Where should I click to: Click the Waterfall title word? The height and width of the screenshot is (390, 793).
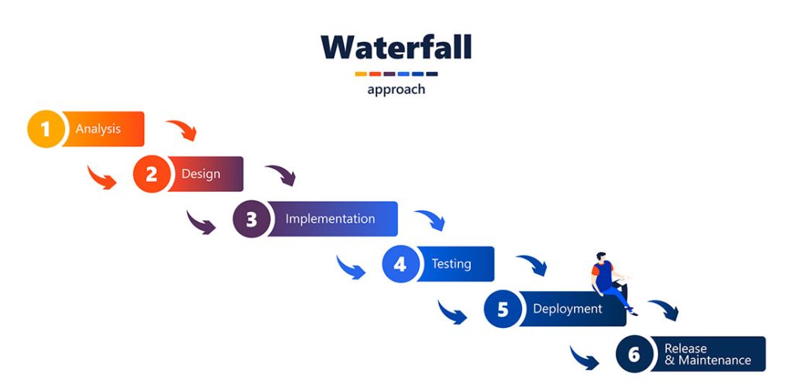396,48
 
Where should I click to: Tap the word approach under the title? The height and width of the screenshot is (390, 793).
396,90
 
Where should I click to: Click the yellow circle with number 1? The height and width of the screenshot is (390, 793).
46,129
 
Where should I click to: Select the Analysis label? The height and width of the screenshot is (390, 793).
98,129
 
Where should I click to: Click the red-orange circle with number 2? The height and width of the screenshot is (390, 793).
151,174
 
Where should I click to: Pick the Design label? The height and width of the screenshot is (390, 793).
201,174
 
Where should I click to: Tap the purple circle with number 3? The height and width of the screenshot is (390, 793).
251,219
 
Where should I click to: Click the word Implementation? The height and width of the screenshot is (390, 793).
330,219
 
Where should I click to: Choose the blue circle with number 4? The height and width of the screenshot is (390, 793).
400,264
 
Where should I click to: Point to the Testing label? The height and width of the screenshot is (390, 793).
451,264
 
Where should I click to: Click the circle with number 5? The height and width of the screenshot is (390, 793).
503,310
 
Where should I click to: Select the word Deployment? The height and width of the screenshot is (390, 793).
567,309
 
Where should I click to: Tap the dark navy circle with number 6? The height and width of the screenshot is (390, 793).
634,354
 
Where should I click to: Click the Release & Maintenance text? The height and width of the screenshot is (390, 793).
707,354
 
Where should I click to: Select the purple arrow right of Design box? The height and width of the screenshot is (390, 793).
280,175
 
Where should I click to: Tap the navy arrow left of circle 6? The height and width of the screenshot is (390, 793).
585,357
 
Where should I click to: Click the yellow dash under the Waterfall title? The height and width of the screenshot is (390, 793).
360,74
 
